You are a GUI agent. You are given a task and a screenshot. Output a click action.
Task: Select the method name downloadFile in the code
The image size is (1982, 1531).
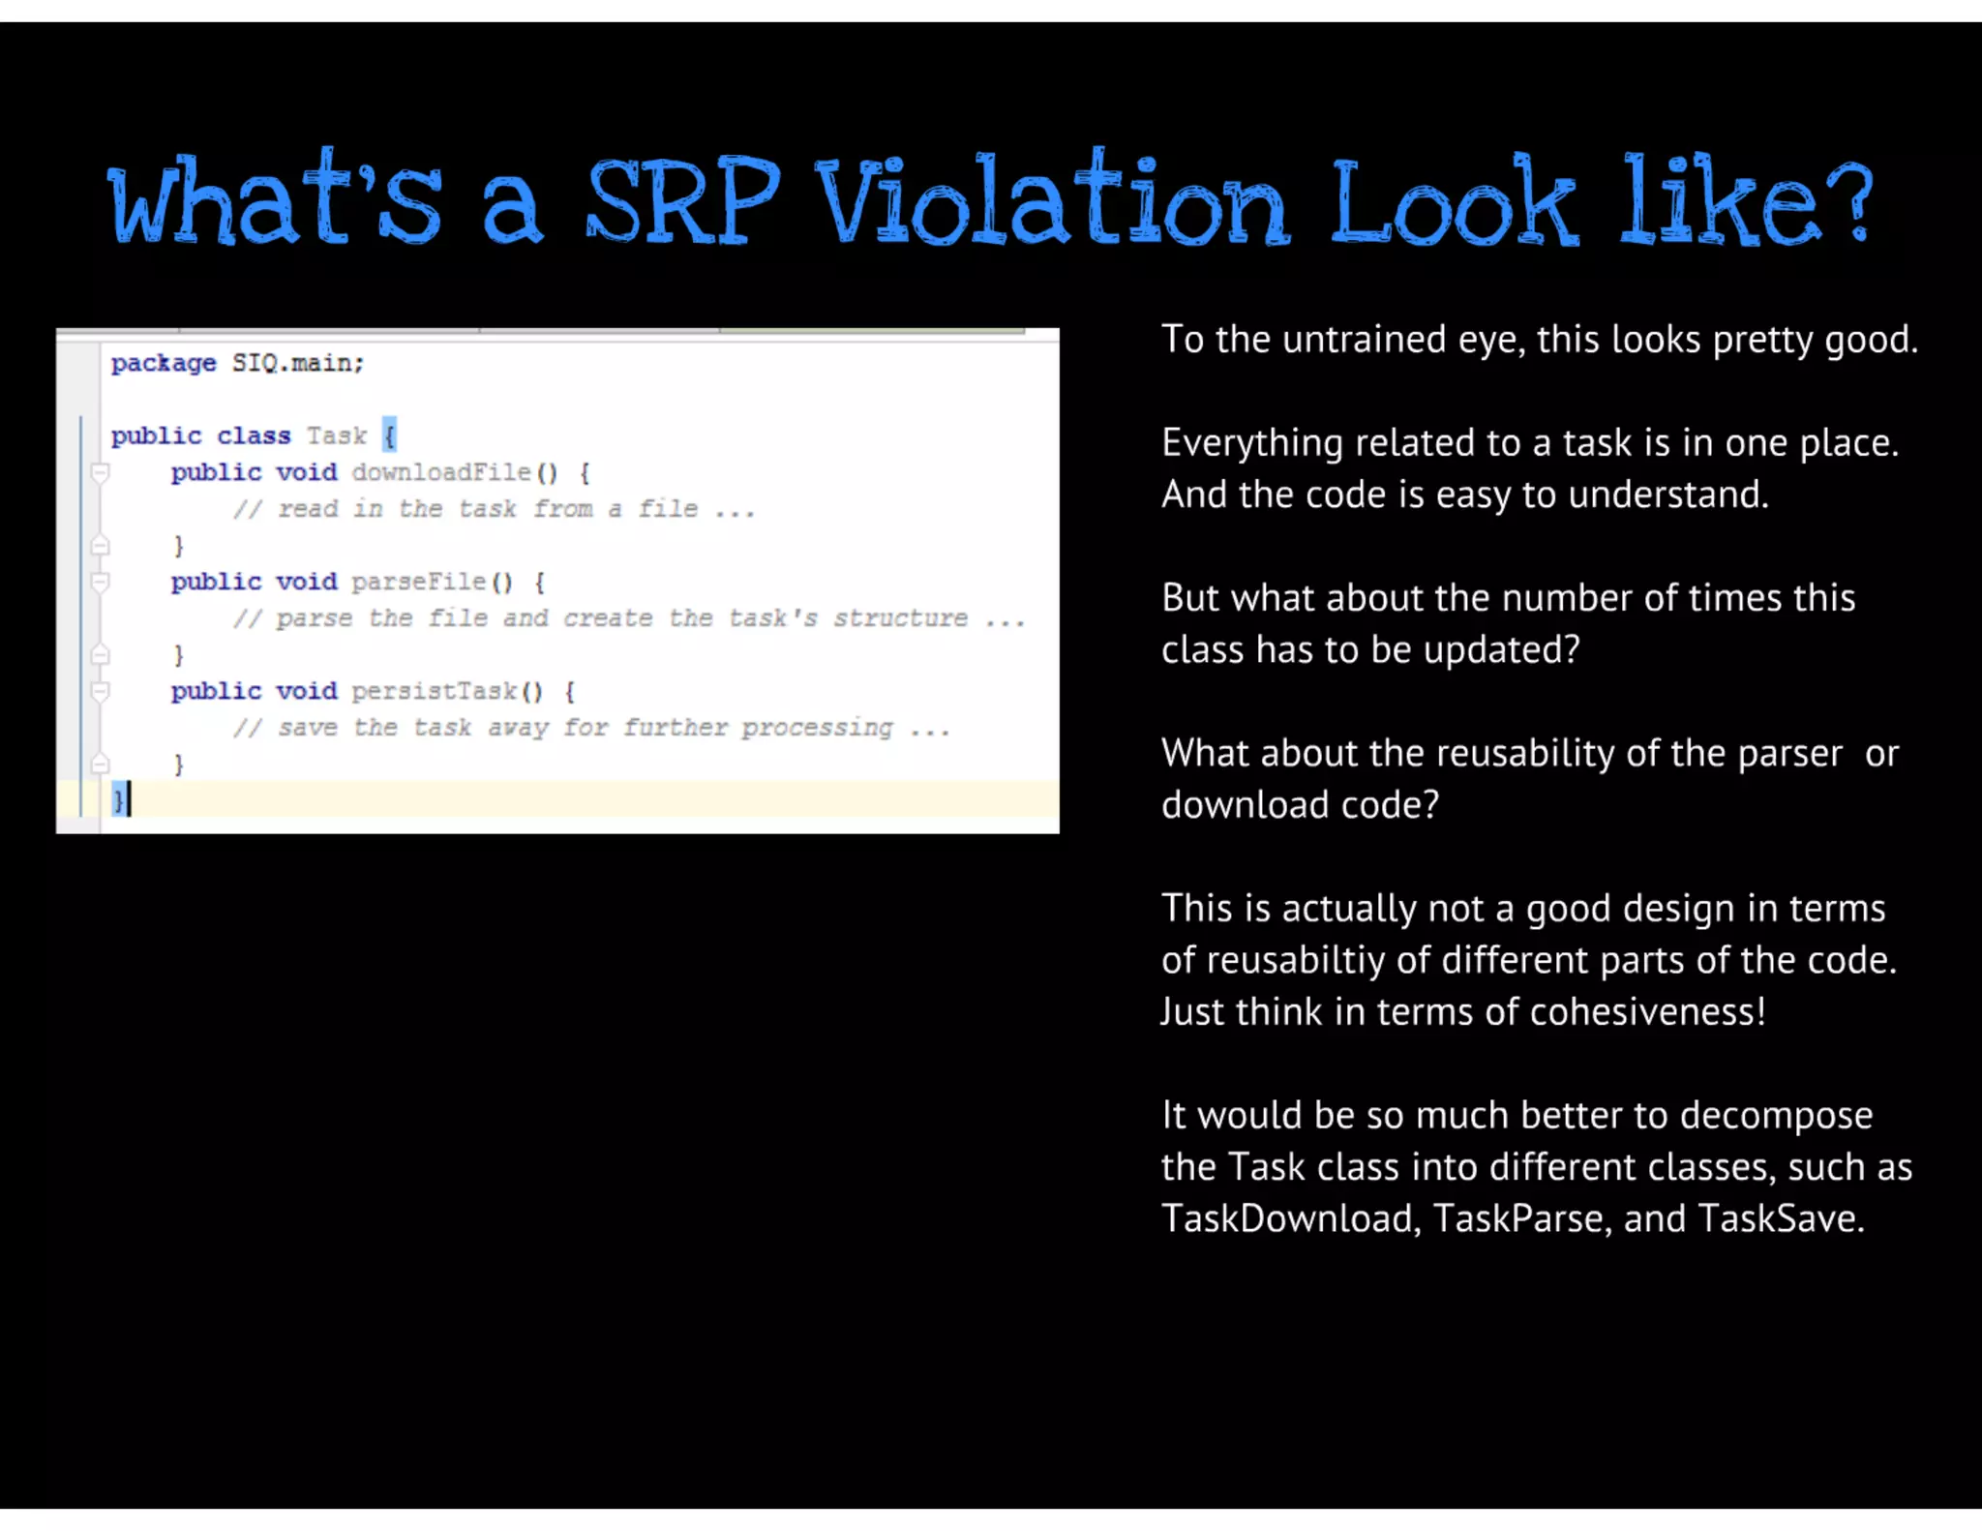441,472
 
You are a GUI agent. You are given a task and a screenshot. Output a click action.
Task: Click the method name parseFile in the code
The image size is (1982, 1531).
419,582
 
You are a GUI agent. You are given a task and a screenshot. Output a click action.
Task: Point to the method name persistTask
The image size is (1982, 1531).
435,691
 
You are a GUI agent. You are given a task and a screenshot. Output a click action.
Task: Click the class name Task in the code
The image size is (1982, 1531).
337,435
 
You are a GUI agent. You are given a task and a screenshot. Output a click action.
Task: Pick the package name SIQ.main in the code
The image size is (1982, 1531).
297,363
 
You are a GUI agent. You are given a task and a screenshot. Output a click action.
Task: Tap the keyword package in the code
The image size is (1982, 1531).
164,363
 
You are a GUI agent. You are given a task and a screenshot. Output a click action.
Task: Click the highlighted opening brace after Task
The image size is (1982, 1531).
389,435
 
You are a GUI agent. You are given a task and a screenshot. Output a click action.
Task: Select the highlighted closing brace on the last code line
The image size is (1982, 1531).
118,800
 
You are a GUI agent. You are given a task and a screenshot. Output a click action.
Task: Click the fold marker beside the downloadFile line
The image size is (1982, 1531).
100,472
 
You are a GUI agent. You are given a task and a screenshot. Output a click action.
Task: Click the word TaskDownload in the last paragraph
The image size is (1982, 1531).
1290,1218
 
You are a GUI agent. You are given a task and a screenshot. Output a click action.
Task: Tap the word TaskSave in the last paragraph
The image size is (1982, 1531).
1780,1218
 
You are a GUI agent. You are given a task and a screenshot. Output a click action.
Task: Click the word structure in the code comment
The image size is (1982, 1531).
900,618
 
